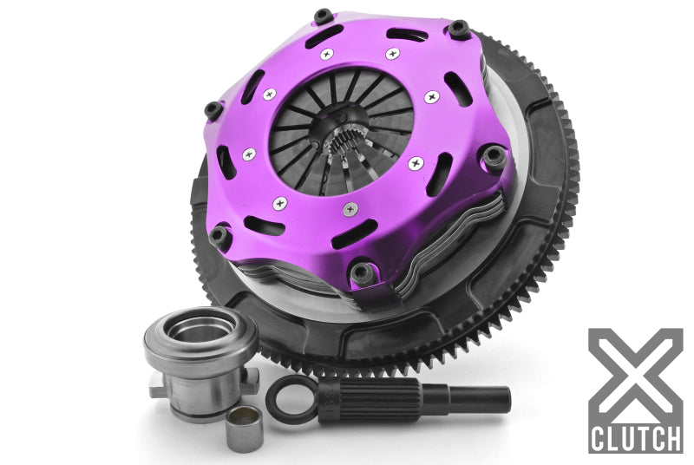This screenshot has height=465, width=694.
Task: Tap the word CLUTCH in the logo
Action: (634, 436)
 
